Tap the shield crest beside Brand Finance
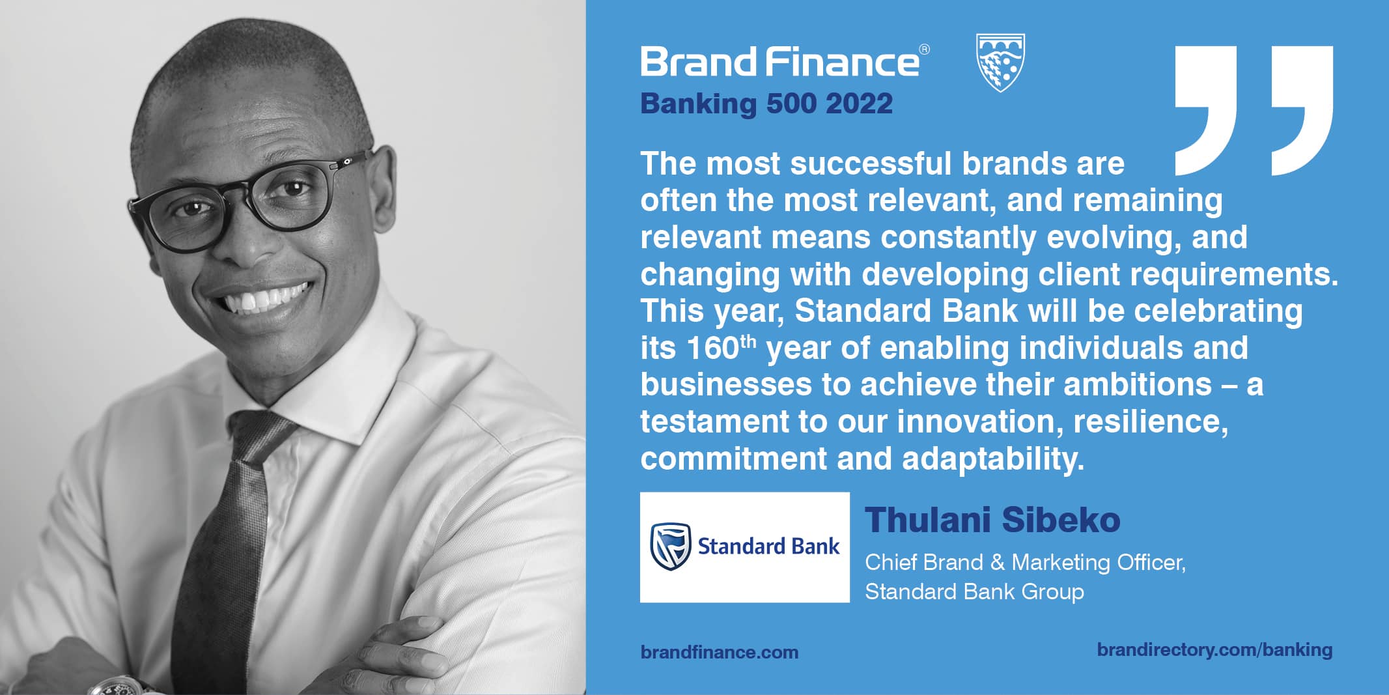click(1001, 63)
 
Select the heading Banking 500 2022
click(766, 104)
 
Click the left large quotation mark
click(1206, 110)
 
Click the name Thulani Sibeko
click(992, 520)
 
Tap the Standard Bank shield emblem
click(670, 546)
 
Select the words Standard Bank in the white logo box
click(768, 546)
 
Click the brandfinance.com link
click(720, 652)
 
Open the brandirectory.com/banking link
click(1214, 649)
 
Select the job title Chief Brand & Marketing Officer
click(1025, 562)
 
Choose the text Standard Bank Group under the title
click(974, 591)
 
